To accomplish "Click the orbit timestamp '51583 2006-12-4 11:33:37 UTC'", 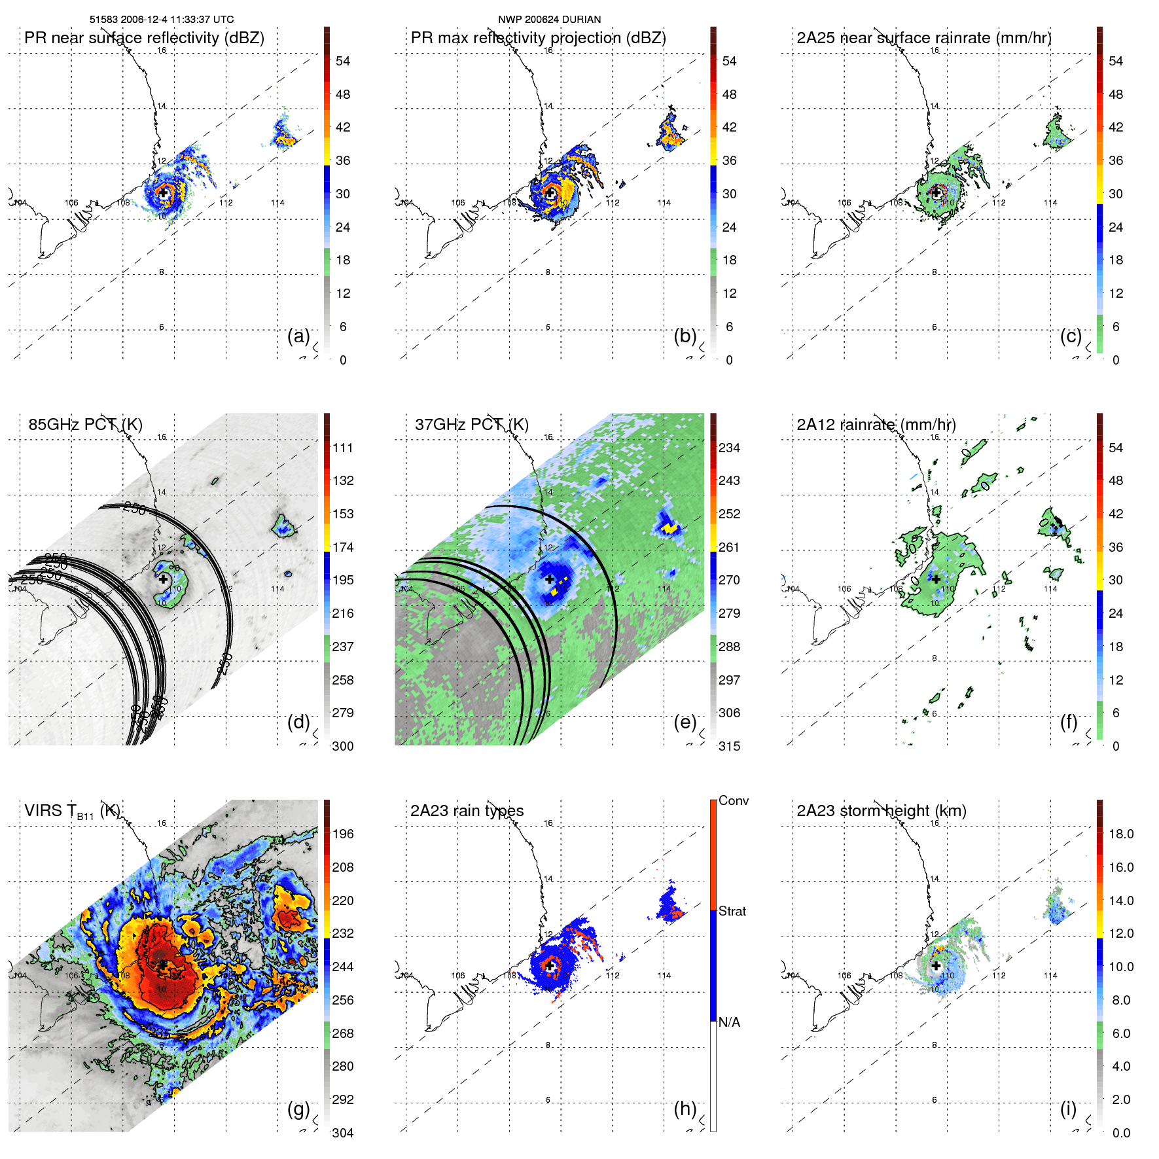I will point(161,20).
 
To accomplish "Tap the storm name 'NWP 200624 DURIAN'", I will point(549,20).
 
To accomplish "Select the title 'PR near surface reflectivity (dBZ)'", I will point(144,38).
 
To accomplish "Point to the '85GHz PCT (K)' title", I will point(85,424).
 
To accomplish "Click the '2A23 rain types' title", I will point(467,811).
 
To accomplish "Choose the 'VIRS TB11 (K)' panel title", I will point(72,811).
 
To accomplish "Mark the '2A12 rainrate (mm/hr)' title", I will point(876,424).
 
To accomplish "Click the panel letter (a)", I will point(298,336).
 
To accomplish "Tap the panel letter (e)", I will point(685,722).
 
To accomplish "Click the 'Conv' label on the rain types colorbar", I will point(733,800).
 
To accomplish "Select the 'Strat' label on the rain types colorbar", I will point(732,911).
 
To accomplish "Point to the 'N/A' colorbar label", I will point(729,1022).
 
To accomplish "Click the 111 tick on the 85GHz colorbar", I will point(343,448).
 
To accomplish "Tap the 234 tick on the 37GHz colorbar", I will point(729,448).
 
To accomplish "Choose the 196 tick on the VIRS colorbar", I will point(343,834).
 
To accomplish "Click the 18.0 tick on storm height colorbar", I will point(1120,834).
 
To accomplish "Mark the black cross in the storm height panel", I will point(936,966).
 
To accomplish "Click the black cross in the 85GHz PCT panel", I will point(163,579).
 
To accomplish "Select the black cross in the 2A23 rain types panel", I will point(550,966).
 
